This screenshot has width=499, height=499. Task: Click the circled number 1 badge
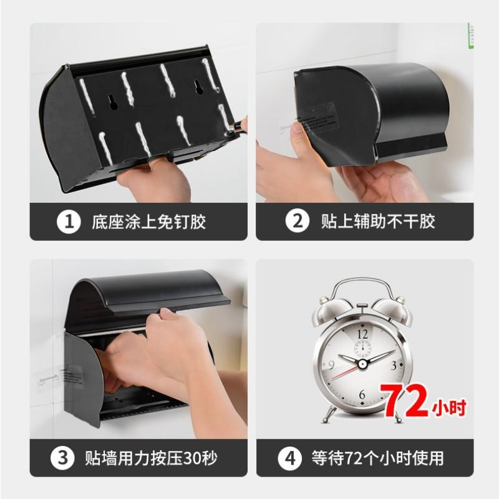coord(69,221)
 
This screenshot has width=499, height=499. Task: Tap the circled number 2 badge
coord(298,221)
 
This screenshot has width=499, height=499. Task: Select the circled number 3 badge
coord(62,458)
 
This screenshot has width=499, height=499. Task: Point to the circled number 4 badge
coord(289,458)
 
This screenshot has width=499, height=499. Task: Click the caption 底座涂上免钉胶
coord(148,222)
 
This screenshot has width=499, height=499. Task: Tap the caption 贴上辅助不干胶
coord(378,221)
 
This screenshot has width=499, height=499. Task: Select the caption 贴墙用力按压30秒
coord(151,458)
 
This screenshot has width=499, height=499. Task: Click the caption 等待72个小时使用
coord(378,458)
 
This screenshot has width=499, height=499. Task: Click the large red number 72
coord(404,400)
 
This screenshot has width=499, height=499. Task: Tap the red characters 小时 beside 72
coord(449,408)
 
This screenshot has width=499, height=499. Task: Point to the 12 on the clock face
coord(362,334)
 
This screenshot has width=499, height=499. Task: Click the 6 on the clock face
coord(362,395)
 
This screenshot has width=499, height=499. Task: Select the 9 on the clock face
coord(331,365)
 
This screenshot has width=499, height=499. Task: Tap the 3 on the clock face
coord(394,366)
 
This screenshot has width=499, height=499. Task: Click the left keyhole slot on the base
coord(113,102)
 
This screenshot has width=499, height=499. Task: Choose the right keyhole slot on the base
coord(200,87)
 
